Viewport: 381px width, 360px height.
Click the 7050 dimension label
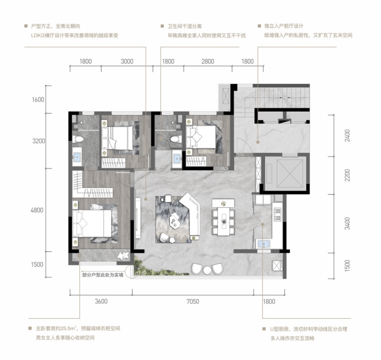coord(193,301)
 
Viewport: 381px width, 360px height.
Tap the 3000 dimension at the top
coord(127,61)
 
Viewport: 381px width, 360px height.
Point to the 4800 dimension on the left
coord(37,210)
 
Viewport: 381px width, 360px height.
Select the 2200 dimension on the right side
coord(348,175)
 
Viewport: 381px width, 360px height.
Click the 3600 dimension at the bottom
coord(101,301)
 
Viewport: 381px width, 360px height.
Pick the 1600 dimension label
coord(38,100)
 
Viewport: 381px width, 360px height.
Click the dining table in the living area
coord(223,221)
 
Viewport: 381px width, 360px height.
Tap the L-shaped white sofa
coord(191,214)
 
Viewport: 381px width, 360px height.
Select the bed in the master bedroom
coord(92,224)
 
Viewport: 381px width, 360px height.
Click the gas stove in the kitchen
coord(278,215)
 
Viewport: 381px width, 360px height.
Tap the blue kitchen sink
coord(264,244)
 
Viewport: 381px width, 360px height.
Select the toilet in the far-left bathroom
coord(78,139)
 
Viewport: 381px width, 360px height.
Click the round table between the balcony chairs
coord(207,270)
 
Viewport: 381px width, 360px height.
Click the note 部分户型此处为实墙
coord(102,275)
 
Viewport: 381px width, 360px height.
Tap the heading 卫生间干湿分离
coord(185,26)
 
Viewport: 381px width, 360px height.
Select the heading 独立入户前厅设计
coord(284,26)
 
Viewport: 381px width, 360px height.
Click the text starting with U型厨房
coord(308,329)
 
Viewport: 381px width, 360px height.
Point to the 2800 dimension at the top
coord(208,61)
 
